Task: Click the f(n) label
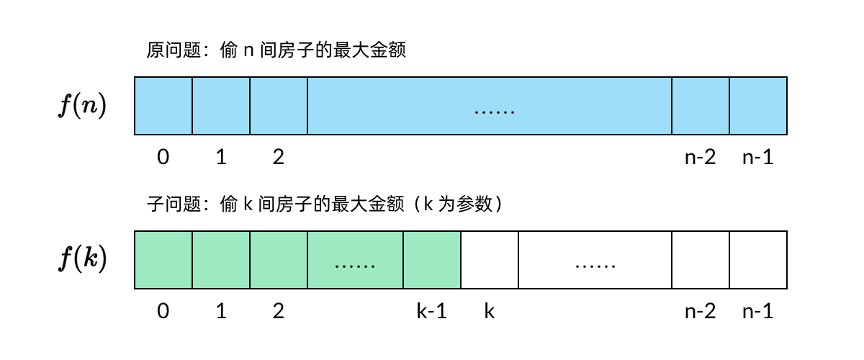coord(82,106)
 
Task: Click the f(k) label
coord(82,260)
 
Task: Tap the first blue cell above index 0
coord(163,106)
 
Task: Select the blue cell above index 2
coord(279,106)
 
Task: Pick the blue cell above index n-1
coord(758,106)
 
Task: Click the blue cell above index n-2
coord(701,106)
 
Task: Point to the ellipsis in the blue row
coord(495,111)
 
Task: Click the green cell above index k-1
coord(432,260)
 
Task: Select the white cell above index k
coord(490,260)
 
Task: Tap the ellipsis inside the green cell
coord(356,265)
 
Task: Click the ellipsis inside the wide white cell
coord(595,265)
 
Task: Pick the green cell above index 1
coord(221,260)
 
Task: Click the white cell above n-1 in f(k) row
coord(758,260)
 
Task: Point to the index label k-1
coord(432,311)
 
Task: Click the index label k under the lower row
coord(490,311)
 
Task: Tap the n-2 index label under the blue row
coord(700,157)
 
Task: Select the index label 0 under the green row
coord(163,311)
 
